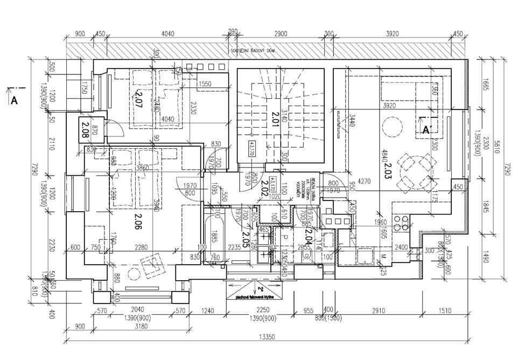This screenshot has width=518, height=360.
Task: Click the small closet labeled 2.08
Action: (x=85, y=128)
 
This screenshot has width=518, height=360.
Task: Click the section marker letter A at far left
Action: (x=15, y=100)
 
